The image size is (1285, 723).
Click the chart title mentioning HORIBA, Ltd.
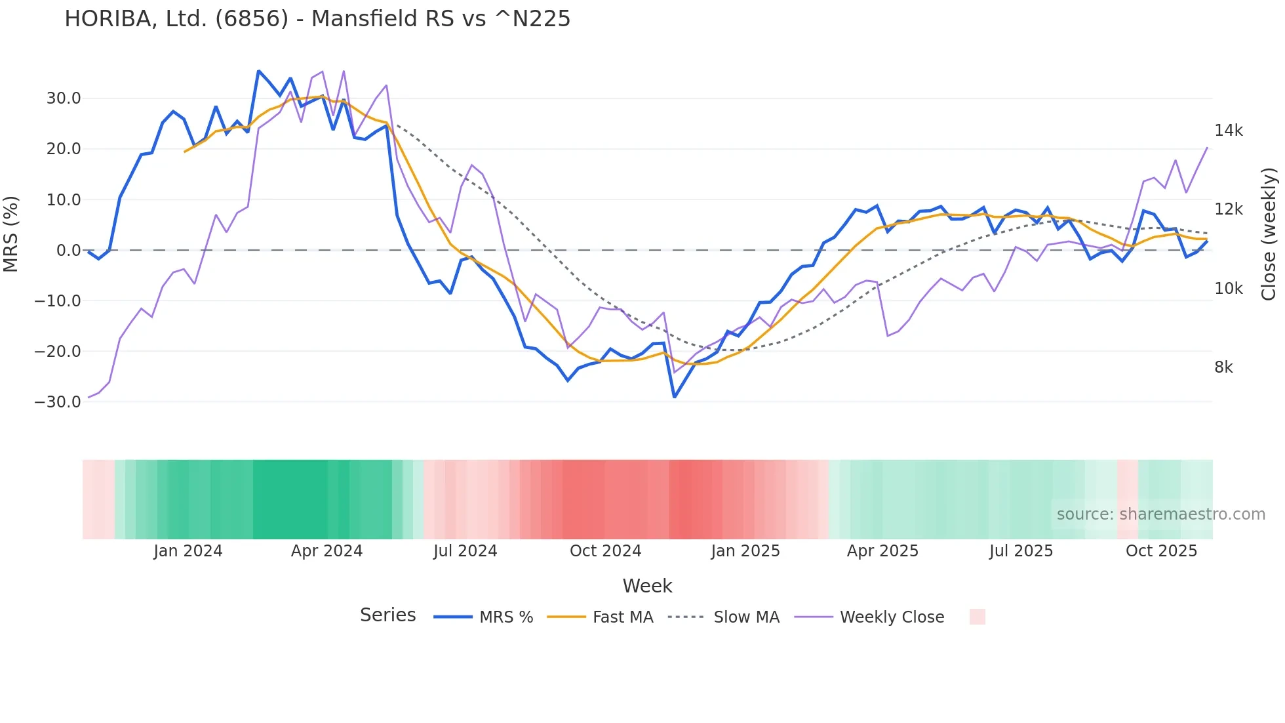click(317, 19)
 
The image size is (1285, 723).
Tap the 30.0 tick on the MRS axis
click(64, 98)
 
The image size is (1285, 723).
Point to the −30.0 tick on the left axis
click(58, 402)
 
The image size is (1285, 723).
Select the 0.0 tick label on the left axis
click(68, 250)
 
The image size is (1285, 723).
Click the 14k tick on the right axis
click(1228, 131)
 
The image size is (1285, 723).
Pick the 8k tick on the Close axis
click(1223, 367)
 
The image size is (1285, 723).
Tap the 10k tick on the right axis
click(1228, 289)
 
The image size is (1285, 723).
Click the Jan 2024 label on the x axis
click(188, 551)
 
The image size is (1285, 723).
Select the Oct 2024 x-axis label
click(605, 551)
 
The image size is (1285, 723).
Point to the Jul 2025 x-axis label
click(1021, 551)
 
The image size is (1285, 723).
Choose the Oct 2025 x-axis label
click(1161, 551)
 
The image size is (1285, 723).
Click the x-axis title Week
click(647, 586)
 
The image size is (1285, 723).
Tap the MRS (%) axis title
click(11, 234)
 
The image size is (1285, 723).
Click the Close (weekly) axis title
click(1269, 234)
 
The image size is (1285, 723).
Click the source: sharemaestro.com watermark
click(1160, 514)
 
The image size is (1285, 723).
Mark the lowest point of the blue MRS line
click(675, 397)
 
